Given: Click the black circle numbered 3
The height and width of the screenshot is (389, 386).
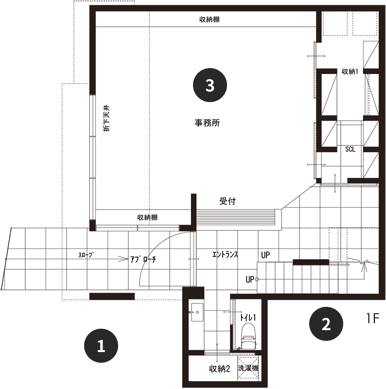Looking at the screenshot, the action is (210, 85).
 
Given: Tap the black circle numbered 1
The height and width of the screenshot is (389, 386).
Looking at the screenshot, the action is (101, 346).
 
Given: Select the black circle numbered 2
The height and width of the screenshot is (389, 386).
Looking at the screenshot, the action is (326, 323).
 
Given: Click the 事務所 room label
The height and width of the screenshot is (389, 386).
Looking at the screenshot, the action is (207, 123).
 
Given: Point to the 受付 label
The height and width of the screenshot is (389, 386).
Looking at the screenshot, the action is (228, 201).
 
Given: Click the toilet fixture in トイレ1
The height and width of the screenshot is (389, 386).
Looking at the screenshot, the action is (249, 336).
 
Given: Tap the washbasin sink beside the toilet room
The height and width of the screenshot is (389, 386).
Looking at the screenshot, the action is (197, 312).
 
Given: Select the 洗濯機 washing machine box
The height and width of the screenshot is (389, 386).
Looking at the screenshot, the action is (248, 368).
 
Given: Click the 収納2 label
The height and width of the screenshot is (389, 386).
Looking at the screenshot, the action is (219, 369).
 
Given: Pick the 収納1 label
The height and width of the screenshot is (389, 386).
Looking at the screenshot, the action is (350, 71).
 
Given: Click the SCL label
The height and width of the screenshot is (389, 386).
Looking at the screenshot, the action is (350, 149).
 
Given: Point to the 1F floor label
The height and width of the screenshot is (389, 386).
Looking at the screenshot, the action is (373, 318).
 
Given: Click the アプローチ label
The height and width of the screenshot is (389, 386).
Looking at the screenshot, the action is (143, 259).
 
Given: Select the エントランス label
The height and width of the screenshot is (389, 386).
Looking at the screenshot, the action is (225, 254).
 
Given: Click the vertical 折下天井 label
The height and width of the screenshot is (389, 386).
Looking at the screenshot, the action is (106, 118).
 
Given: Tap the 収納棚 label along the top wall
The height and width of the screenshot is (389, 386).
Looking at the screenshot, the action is (210, 19).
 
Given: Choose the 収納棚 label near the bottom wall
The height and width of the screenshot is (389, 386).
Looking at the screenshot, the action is (147, 217).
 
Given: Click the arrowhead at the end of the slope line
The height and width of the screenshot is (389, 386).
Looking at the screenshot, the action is (123, 259).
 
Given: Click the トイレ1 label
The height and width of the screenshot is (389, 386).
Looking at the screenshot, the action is (248, 318).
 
